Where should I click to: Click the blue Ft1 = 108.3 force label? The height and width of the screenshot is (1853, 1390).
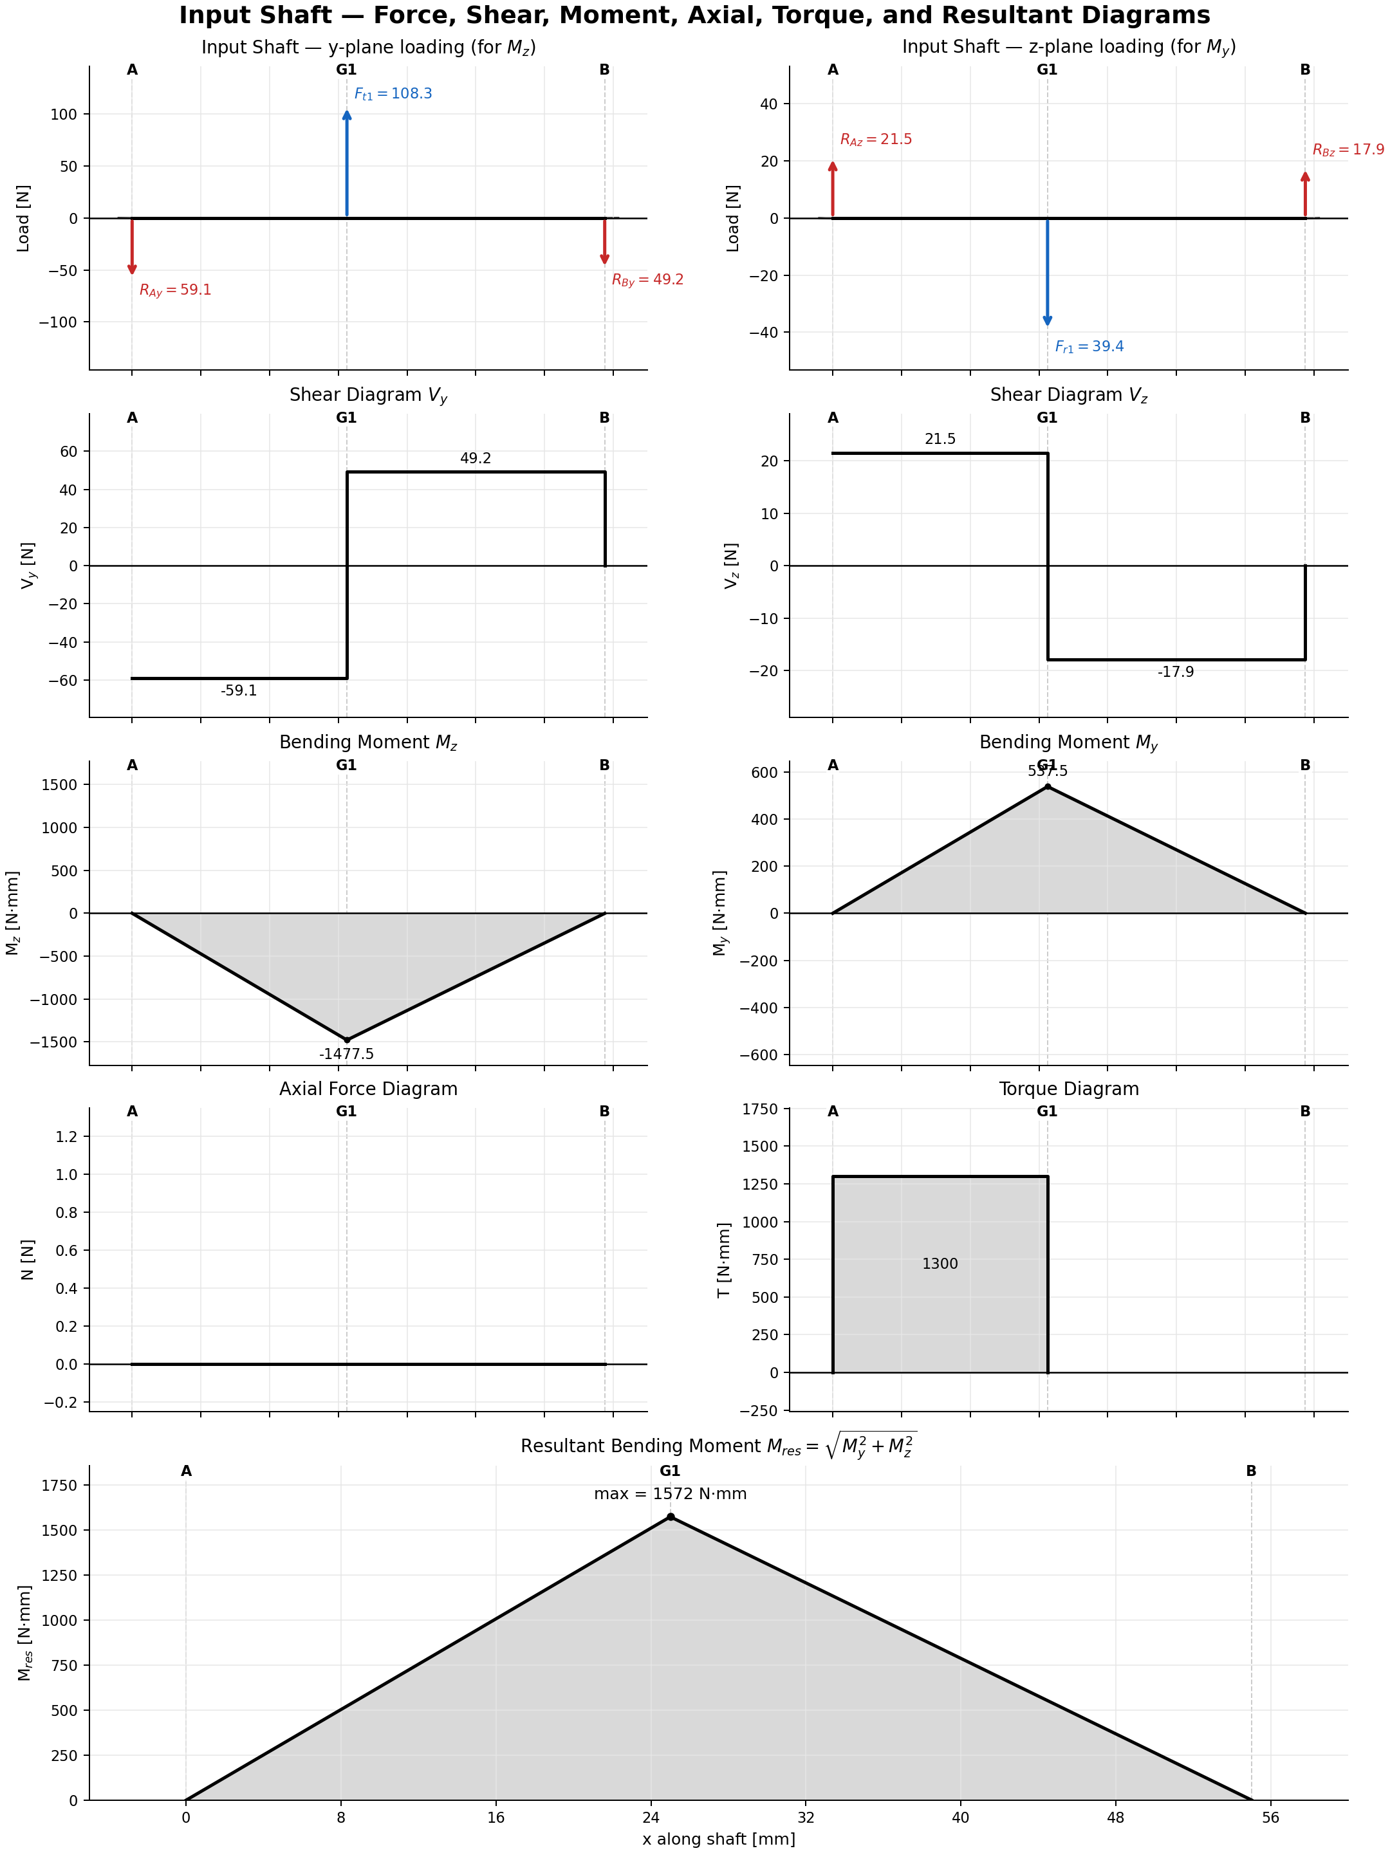pos(393,94)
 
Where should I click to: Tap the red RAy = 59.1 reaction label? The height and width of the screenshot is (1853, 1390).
pos(175,291)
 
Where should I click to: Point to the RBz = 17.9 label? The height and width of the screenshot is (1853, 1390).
pos(1348,150)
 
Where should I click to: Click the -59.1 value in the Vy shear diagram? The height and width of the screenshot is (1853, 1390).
pos(239,691)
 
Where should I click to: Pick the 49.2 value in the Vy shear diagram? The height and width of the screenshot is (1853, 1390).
pos(475,458)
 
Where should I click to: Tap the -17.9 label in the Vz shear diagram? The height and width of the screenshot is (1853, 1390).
pos(1176,672)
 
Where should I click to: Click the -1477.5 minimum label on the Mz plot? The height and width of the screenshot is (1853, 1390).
pos(346,1054)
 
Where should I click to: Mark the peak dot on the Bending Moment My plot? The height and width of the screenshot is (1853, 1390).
pos(1047,787)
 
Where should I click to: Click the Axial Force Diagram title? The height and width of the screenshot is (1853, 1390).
pos(368,1089)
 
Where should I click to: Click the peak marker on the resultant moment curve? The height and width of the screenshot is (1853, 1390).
pos(671,1517)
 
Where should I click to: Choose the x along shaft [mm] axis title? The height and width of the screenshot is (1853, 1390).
pos(718,1839)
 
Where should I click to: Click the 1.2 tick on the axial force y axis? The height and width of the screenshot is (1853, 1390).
pos(66,1137)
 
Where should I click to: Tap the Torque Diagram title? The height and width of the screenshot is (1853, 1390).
pos(1068,1089)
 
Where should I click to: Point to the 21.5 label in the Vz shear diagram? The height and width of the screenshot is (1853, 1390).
pos(940,439)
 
